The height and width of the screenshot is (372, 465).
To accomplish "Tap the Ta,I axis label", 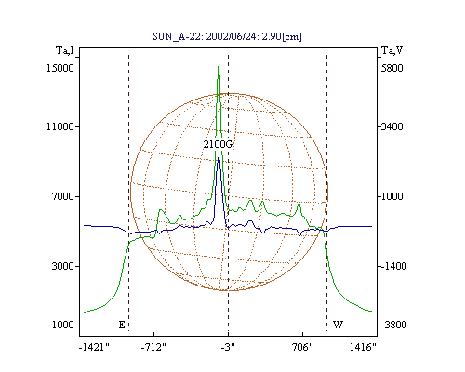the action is (x=65, y=50).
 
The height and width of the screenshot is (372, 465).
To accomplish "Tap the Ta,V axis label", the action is (x=392, y=50).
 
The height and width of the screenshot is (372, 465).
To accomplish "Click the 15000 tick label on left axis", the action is (x=60, y=68).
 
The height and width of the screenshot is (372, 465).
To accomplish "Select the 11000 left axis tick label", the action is (x=60, y=126).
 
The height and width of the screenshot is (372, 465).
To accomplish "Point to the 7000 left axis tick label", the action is (x=63, y=196).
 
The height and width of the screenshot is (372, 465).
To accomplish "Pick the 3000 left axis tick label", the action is (x=63, y=266).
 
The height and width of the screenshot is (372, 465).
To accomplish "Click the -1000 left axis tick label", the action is (x=61, y=325).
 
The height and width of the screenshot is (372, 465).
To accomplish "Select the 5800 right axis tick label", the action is (x=392, y=68).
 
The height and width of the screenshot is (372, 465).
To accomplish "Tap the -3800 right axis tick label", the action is (x=393, y=325).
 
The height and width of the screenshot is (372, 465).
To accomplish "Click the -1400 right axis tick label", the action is (x=393, y=266).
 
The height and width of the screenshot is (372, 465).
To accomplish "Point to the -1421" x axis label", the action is (x=94, y=347).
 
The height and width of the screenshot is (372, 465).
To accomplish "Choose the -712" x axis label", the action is (x=153, y=347).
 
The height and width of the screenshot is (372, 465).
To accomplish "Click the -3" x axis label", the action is (x=228, y=347).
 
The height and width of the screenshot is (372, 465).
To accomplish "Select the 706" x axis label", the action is (x=302, y=347).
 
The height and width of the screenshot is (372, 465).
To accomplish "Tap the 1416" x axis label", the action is (x=363, y=347).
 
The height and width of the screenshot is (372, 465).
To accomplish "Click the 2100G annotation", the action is (x=218, y=144).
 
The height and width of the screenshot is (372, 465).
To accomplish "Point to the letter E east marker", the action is (x=122, y=325).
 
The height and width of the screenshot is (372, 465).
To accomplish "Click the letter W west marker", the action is (x=338, y=325).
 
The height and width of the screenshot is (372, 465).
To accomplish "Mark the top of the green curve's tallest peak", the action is (x=219, y=66).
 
